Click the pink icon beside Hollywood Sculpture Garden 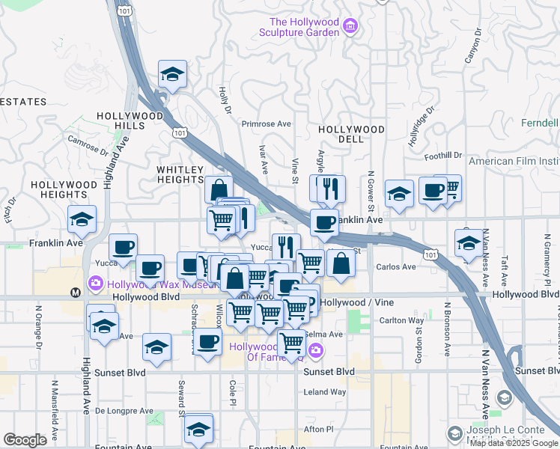(x=350, y=28)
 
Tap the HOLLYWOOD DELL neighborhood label (x=351, y=129)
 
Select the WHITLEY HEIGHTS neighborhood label (x=180, y=175)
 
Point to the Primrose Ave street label (x=265, y=124)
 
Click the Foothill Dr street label (x=442, y=156)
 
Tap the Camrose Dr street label (x=88, y=142)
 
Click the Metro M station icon (x=75, y=292)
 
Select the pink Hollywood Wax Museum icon (x=96, y=284)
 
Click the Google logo (x=25, y=440)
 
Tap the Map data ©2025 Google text (x=514, y=443)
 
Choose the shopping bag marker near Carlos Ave (x=341, y=264)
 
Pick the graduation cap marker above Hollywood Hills (x=172, y=75)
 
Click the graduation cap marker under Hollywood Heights (x=82, y=220)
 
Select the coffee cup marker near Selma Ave (x=208, y=343)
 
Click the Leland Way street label (x=325, y=391)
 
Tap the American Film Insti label (x=514, y=161)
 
